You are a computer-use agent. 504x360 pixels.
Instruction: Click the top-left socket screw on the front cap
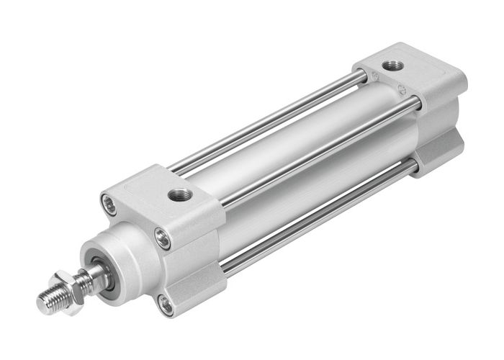pyautogui.click(x=109, y=201)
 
